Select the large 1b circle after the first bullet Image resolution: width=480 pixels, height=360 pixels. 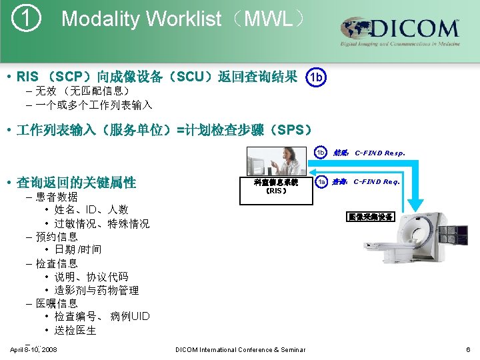[317, 77]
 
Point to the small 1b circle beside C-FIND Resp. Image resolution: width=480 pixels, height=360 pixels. [321, 153]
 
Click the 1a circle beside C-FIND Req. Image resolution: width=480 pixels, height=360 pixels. [321, 181]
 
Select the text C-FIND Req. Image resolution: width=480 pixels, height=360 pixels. [377, 181]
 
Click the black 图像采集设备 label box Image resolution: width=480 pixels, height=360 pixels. [370, 217]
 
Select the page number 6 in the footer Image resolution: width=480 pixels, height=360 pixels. [469, 349]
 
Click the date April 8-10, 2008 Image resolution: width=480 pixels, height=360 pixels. [33, 349]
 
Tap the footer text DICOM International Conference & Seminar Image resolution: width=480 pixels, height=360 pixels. [240, 349]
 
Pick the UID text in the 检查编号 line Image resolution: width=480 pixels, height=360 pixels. [141, 317]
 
